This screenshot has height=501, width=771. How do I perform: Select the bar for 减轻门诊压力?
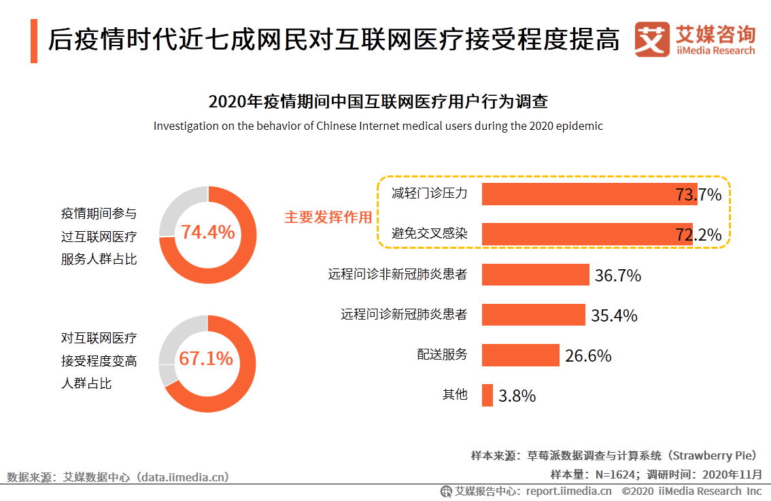[589, 194]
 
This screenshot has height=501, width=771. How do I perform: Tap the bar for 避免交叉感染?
[587, 234]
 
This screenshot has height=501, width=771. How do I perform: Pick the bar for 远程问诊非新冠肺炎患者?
[535, 275]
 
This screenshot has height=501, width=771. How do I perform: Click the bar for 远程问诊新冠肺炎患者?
[533, 315]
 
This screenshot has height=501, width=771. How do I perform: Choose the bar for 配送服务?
[520, 355]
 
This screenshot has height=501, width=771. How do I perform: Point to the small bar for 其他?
[487, 395]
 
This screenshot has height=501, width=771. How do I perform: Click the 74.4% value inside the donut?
[207, 232]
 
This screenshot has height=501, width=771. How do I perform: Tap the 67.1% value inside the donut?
[206, 359]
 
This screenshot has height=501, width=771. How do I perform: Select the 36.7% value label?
[618, 275]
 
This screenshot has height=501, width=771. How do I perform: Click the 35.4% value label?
[614, 315]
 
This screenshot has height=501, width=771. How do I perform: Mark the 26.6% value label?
[588, 356]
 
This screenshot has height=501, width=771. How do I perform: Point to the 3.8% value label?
[517, 396]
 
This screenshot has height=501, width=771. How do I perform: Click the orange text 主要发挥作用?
[328, 218]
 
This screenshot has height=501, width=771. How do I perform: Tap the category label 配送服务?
[442, 354]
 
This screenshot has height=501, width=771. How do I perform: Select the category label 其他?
[455, 394]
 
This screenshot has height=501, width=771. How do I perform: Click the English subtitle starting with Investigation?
[378, 126]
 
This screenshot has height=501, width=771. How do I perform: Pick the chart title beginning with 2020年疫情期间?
[378, 102]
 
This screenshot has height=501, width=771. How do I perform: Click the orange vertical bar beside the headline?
[34, 41]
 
